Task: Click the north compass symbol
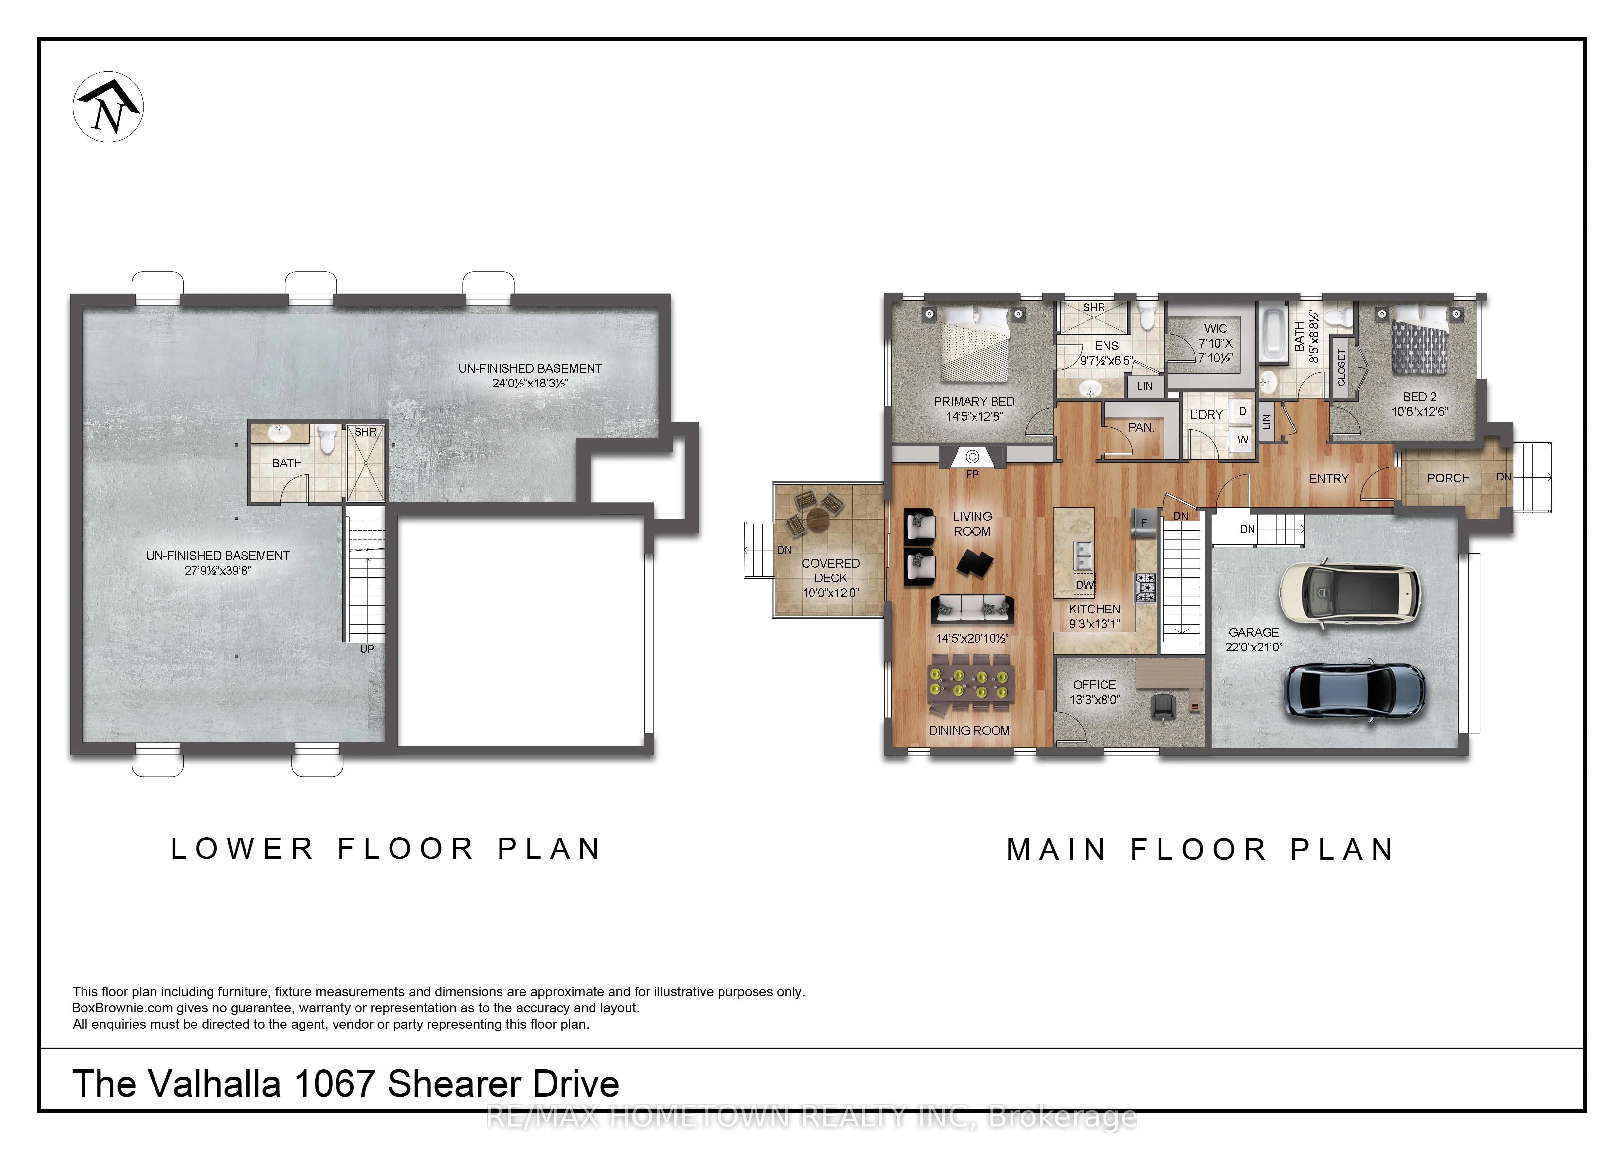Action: click(108, 107)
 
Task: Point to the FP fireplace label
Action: click(973, 474)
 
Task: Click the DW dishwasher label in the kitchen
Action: click(1084, 584)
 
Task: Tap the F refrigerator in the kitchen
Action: click(1144, 523)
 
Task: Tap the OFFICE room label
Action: click(1094, 685)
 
